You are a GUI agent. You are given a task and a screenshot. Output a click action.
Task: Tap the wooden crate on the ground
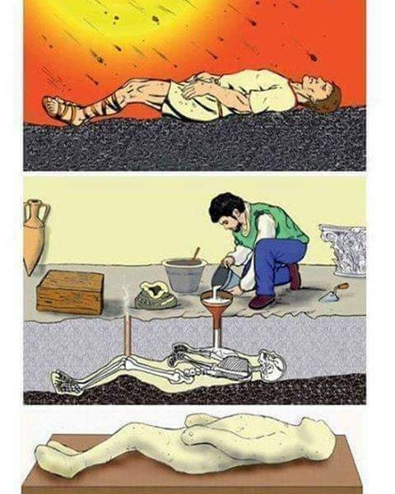pos(70,291)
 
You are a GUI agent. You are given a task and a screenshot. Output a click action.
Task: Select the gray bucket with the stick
pos(184,275)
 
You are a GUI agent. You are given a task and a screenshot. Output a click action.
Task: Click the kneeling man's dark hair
pos(224,207)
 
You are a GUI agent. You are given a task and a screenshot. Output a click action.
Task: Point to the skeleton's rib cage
pos(235,365)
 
